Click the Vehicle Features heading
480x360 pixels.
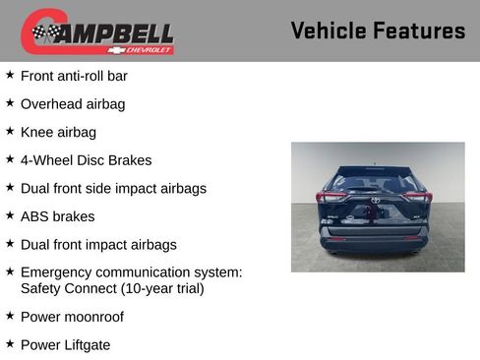coord(378,30)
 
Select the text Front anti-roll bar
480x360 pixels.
coord(74,76)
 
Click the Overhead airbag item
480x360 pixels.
coord(73,103)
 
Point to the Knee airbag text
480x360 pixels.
coord(58,132)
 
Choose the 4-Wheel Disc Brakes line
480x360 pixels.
coord(86,159)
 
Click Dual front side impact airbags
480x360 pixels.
coord(113,188)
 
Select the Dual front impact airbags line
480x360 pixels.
coord(98,244)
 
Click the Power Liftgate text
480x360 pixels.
coord(65,344)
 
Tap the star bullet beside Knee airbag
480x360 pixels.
coord(10,131)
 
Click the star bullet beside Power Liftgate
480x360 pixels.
coord(10,343)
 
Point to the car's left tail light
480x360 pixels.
coord(330,198)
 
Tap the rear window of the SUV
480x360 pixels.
coord(375,183)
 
